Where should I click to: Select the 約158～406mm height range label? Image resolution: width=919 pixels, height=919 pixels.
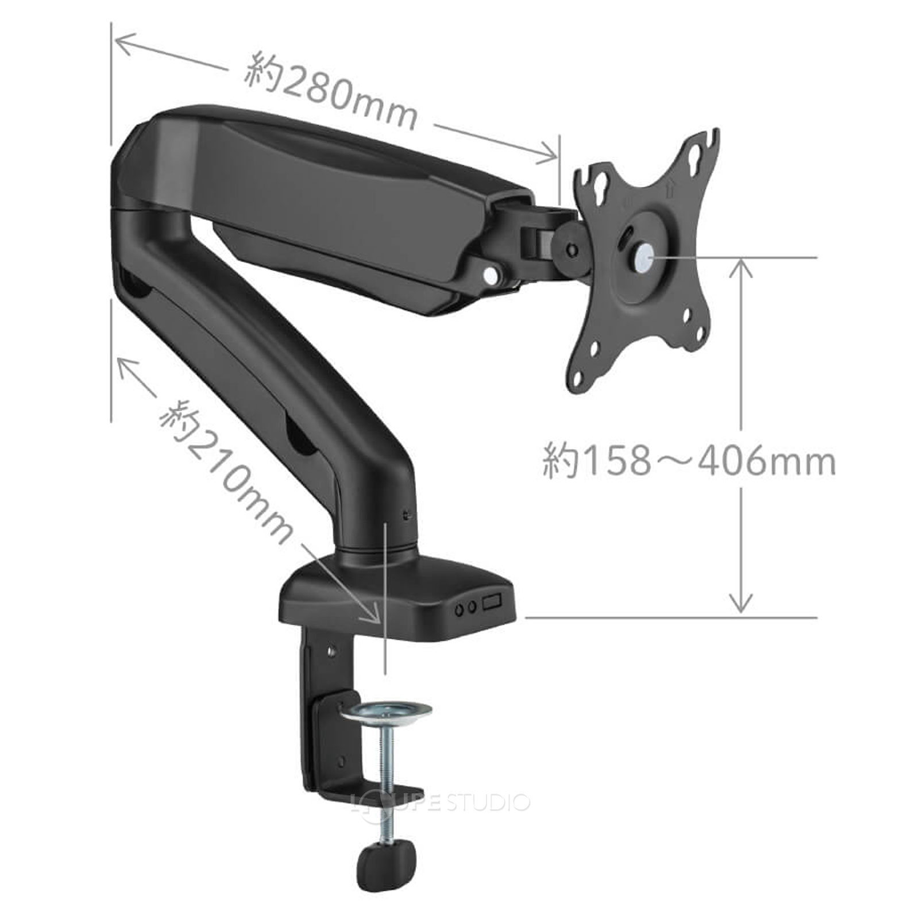pos(689,461)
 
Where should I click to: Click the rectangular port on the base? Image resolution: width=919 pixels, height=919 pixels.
pos(493,603)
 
